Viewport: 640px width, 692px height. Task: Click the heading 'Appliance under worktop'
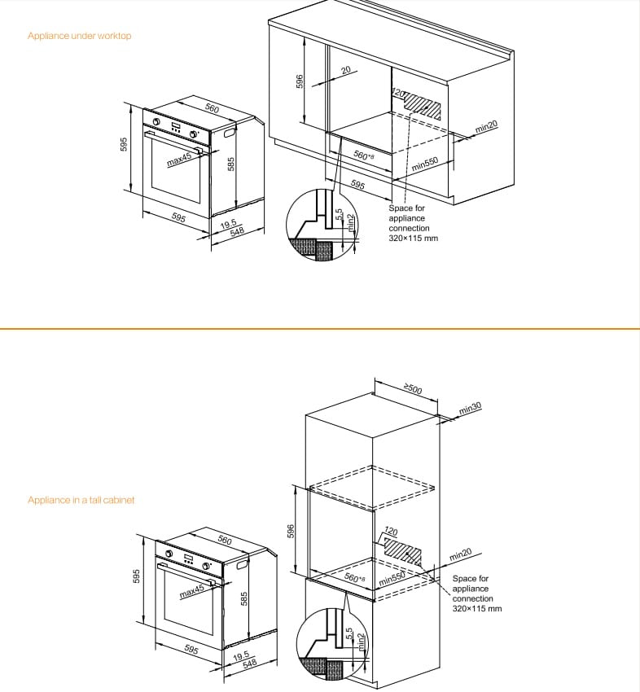(79, 36)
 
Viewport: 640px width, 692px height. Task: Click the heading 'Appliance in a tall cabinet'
(81, 500)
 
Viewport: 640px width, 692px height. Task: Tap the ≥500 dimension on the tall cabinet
(413, 389)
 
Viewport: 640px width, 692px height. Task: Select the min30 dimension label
(470, 408)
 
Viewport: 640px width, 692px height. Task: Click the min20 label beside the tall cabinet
(460, 555)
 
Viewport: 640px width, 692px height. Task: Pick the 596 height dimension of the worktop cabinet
(300, 81)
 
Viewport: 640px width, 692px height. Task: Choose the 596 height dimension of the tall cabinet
(290, 529)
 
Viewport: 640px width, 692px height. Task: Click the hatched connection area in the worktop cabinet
(425, 105)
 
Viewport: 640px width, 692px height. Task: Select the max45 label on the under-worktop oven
(178, 160)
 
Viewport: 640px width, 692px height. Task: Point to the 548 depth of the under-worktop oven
(237, 232)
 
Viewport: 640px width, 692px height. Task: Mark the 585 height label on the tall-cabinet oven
(243, 599)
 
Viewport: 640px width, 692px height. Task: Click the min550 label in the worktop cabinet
(425, 163)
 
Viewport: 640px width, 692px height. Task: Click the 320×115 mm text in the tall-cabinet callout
(477, 608)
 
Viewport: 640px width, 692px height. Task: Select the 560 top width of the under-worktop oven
(211, 109)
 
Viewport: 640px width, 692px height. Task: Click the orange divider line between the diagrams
(320, 329)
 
